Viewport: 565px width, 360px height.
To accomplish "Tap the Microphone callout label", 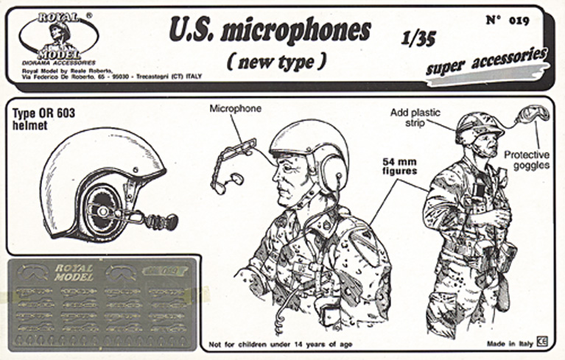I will pyautogui.click(x=235, y=108).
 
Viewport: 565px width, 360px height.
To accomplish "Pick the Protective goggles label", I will pyautogui.click(x=527, y=160).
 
